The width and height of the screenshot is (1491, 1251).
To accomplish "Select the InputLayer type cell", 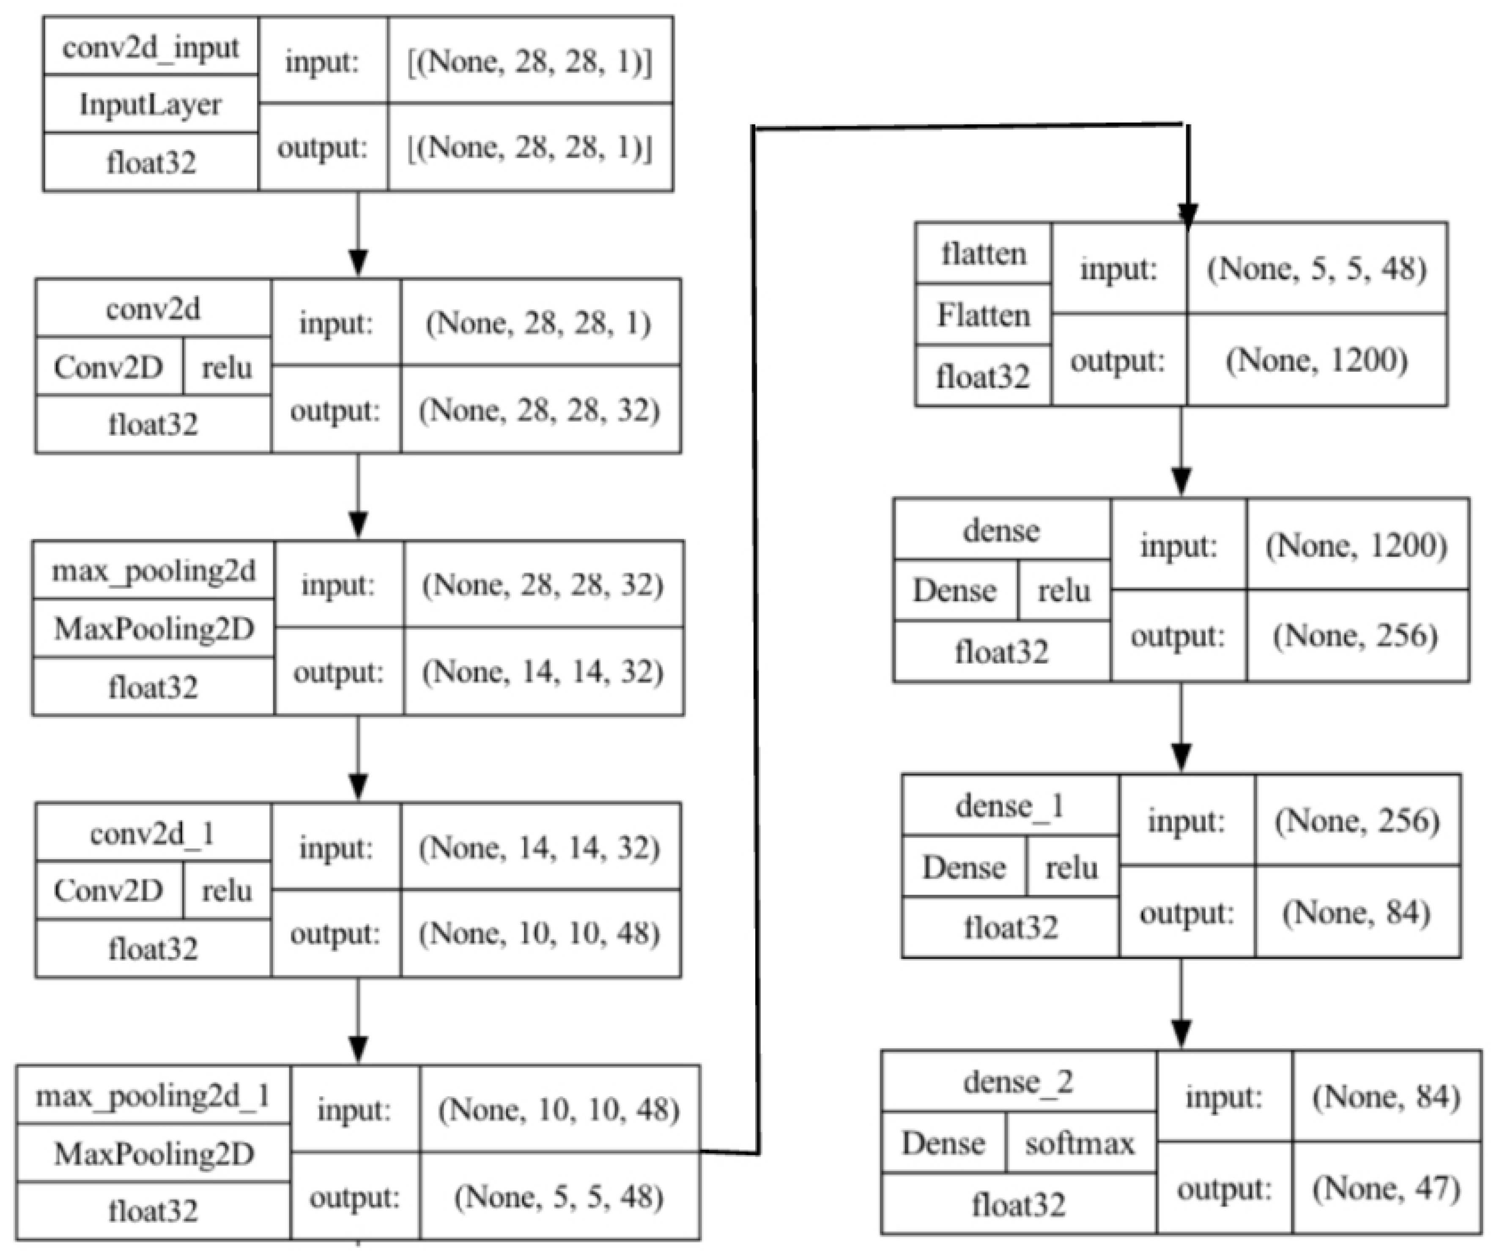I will pos(151,104).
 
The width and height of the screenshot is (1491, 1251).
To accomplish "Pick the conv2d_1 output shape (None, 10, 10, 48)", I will pos(540,933).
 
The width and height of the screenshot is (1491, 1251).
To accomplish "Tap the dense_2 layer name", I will pos(1018,1082).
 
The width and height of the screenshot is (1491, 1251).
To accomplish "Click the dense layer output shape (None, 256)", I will pos(1356,635).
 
